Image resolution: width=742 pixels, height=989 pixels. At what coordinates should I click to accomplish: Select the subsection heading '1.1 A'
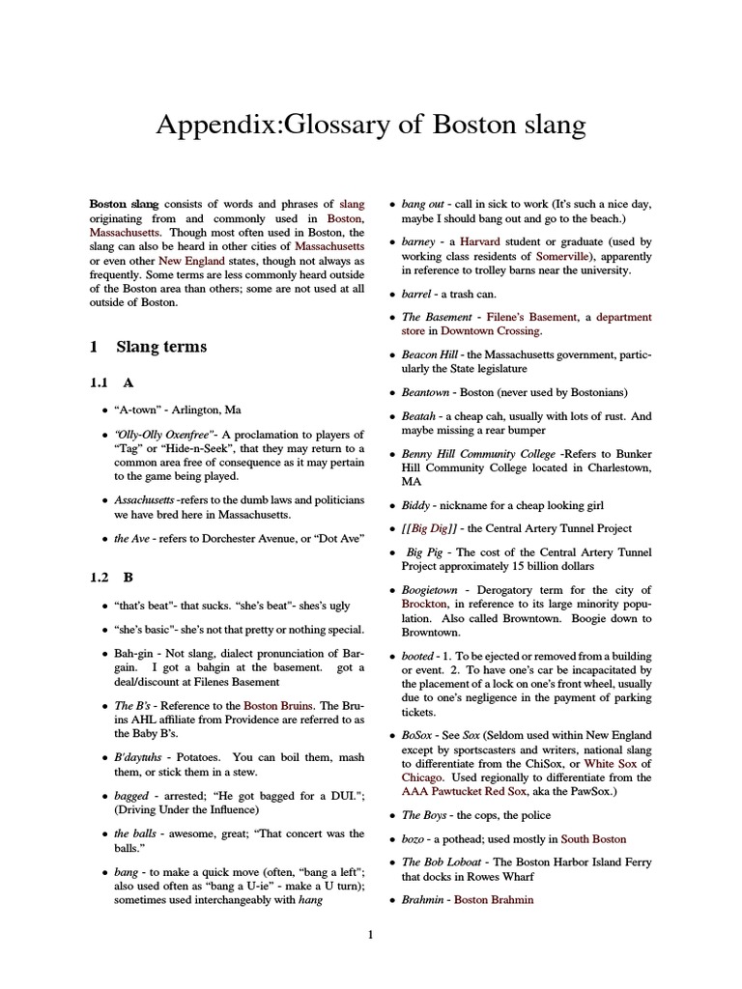pos(111,382)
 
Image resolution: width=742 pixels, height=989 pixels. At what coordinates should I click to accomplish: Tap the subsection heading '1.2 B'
pos(111,578)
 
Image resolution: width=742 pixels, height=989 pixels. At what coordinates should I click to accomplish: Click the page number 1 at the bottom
pos(370,934)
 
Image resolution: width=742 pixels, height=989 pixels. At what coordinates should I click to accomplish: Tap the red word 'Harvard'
pos(480,241)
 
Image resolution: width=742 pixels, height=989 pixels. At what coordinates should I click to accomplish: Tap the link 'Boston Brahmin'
pos(493,899)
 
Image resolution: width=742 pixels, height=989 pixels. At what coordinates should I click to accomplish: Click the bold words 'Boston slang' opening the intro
pos(125,204)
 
